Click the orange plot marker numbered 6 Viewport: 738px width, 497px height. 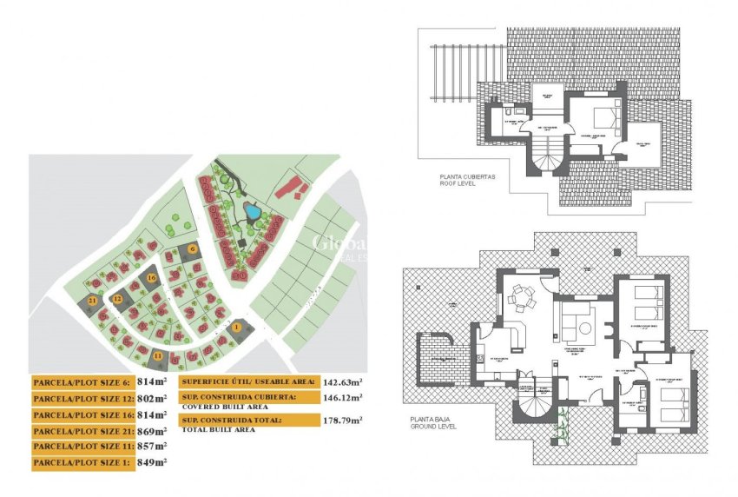194,249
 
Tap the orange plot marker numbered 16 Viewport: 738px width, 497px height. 152,278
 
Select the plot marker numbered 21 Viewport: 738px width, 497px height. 93,300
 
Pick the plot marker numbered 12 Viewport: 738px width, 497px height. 117,299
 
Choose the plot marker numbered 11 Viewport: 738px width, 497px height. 158,355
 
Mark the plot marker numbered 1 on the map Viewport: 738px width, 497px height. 236,327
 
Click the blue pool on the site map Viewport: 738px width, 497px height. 250,211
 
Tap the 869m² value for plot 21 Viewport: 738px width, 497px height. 152,430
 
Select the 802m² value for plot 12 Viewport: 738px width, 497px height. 152,398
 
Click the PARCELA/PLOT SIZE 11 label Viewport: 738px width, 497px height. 82,447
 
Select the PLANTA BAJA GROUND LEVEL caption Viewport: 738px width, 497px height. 435,423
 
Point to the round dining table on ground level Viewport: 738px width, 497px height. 524,298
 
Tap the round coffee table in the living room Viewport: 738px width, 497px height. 585,328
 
